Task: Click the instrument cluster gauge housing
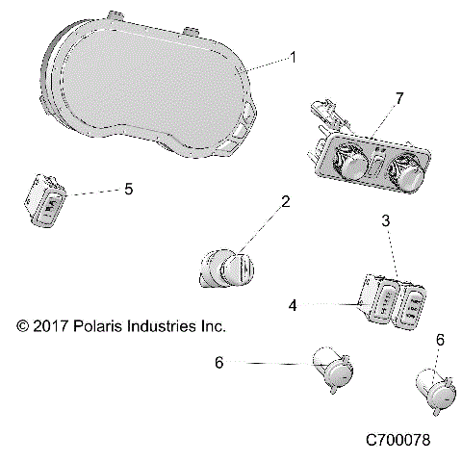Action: click(144, 91)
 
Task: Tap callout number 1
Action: click(294, 58)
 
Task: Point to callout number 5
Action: click(128, 190)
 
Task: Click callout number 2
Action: click(285, 202)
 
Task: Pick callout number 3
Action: click(385, 248)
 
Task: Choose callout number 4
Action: click(293, 304)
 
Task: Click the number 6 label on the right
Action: click(440, 340)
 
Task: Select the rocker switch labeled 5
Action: click(46, 203)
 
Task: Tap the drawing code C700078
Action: click(398, 440)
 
